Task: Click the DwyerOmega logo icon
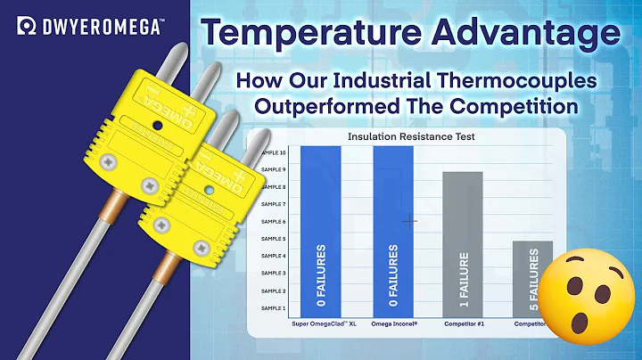click(x=26, y=28)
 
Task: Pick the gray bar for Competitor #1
click(x=462, y=241)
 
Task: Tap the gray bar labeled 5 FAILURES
click(x=532, y=276)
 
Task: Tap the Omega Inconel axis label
click(x=392, y=324)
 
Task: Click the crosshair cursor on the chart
click(x=410, y=221)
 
